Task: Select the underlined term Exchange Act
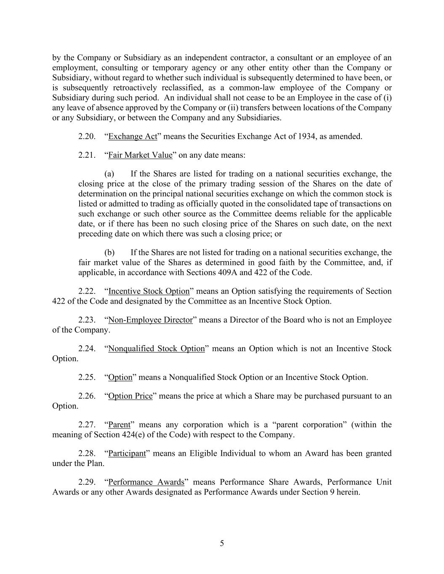click(133, 136)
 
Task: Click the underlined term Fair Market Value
click(140, 155)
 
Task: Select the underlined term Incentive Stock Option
click(149, 291)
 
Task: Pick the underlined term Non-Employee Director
click(150, 320)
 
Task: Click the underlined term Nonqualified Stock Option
click(156, 348)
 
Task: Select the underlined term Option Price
click(130, 396)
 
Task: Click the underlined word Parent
click(119, 424)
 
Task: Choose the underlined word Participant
click(127, 453)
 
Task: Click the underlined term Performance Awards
click(146, 482)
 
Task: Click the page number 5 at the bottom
click(222, 543)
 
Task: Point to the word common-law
click(247, 87)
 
